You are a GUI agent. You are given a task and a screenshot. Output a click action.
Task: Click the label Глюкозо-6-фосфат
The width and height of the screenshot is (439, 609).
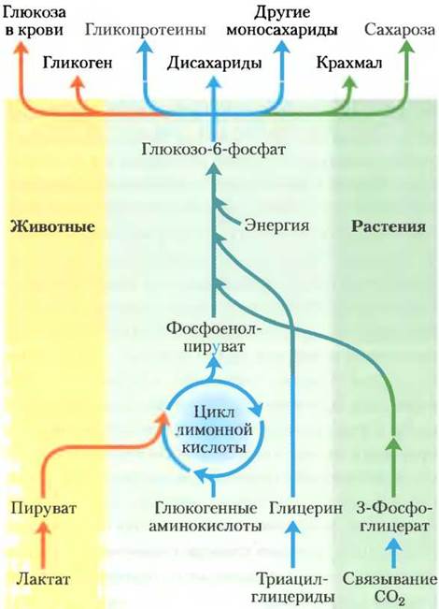(213, 149)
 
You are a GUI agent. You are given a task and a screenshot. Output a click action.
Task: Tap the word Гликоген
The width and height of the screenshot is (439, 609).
(78, 63)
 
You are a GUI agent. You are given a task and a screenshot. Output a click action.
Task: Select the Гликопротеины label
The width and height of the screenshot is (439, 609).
(145, 30)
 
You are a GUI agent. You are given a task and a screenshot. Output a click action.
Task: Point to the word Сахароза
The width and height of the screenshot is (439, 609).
(400, 30)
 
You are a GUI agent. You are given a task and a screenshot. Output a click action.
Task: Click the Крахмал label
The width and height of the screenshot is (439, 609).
(349, 63)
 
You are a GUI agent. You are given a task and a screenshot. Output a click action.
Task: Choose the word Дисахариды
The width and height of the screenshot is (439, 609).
(214, 64)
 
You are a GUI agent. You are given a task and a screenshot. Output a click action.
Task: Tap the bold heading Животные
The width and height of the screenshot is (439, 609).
(52, 226)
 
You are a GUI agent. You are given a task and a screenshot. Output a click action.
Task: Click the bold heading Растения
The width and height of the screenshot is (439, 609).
(389, 226)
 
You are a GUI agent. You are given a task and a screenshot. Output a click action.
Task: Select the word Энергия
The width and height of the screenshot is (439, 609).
(276, 225)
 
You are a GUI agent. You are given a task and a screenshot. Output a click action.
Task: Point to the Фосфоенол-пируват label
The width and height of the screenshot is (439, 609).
(214, 337)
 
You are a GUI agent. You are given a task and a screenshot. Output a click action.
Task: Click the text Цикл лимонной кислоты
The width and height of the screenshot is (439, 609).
(214, 429)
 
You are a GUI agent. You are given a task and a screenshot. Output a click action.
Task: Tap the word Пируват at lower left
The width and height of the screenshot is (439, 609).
(44, 508)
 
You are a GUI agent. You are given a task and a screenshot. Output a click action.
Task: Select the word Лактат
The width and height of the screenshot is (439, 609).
(44, 579)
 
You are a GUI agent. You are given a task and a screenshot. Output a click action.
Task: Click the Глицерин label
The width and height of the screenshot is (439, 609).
(306, 508)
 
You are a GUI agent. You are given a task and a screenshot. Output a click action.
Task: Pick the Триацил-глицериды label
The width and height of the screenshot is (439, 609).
(292, 588)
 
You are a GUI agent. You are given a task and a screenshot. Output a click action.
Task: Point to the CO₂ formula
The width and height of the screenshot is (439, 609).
(389, 597)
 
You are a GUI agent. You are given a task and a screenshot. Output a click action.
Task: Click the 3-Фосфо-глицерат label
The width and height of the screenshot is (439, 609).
(392, 517)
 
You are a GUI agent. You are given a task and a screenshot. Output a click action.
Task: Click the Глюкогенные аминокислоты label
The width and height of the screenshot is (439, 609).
(205, 517)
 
